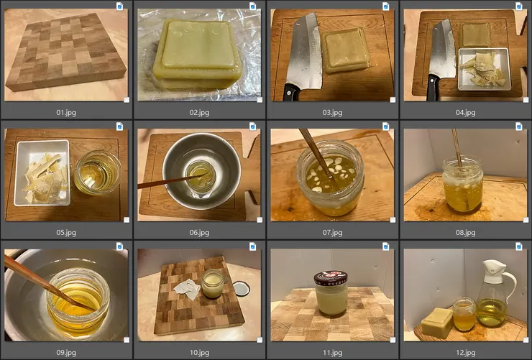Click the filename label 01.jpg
[66, 113]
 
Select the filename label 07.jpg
[332, 233]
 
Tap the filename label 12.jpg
[465, 353]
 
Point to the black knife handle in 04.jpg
[433, 88]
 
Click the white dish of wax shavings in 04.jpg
[484, 69]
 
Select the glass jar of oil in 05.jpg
[98, 172]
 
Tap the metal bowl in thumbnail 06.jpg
[201, 170]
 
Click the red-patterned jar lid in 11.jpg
[331, 278]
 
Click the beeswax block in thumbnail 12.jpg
[437, 323]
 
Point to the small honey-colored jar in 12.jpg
[464, 314]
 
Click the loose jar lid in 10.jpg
[242, 289]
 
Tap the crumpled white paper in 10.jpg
[187, 289]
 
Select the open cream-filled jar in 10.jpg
[213, 283]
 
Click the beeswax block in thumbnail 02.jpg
[197, 54]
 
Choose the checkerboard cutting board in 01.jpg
[66, 52]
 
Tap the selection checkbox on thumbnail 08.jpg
[526, 220]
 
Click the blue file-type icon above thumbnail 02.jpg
[252, 6]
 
